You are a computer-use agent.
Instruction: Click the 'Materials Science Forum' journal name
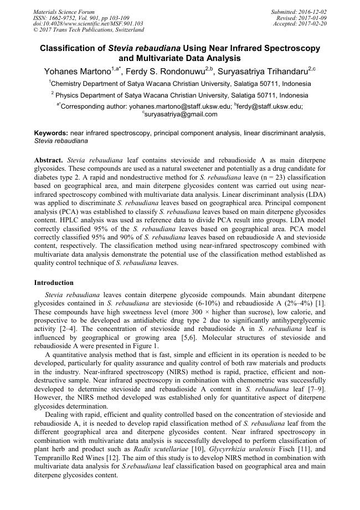pos(64,12)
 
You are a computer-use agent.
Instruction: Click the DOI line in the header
pos(88,24)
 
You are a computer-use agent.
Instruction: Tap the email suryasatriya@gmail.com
pos(181,114)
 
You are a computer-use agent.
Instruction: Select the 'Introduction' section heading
pos(54,283)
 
